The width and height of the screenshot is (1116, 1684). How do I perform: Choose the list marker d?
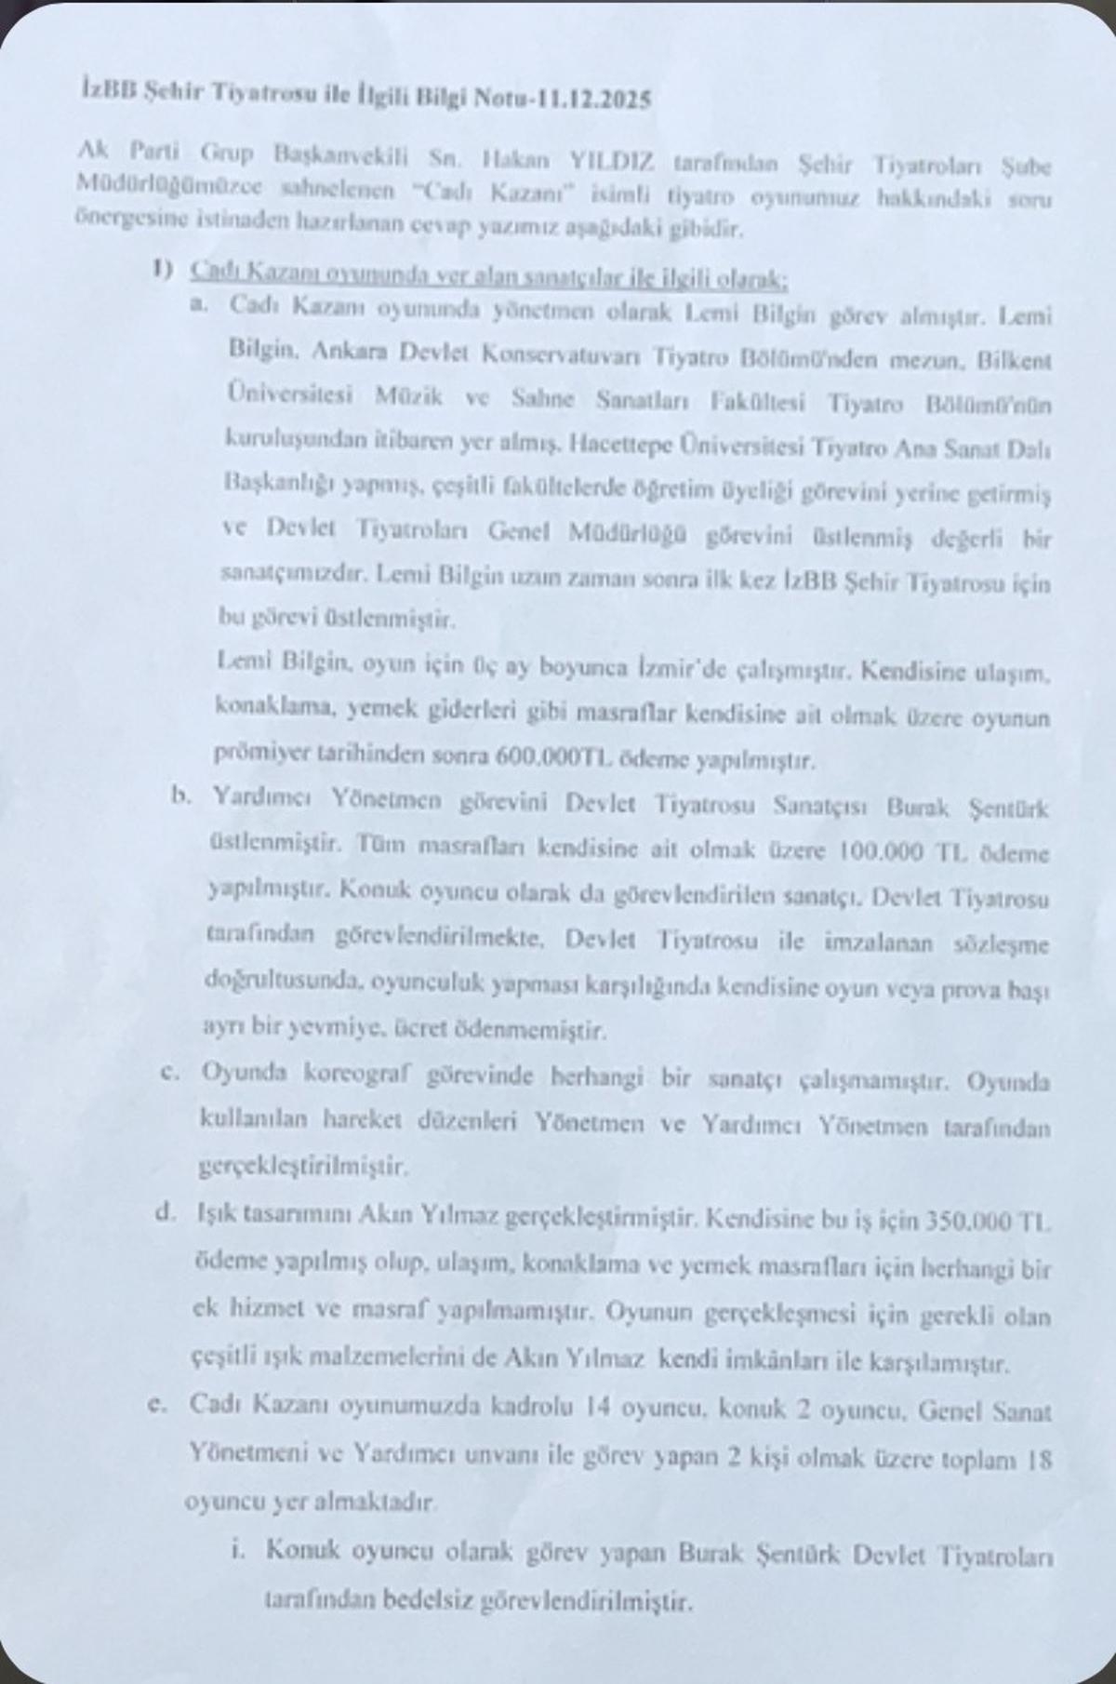point(167,1214)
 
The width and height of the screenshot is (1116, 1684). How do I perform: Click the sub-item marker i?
point(239,1549)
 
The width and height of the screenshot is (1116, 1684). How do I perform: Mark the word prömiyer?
point(264,754)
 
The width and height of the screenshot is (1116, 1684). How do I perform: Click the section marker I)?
point(164,270)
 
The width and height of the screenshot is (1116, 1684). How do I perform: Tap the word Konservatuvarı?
point(525,356)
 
